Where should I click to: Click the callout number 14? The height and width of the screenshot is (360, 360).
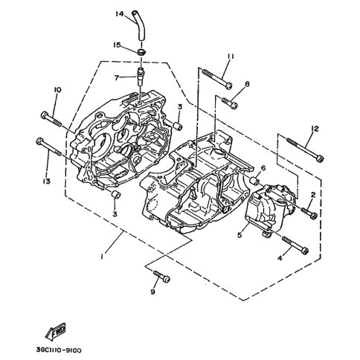point(120,14)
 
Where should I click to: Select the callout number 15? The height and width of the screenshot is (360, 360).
point(117,45)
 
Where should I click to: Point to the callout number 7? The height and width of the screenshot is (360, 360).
point(117,78)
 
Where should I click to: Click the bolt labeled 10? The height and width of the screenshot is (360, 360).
point(51,120)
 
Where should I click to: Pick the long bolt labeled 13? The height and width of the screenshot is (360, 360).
point(49,147)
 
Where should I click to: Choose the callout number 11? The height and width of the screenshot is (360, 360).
point(231,57)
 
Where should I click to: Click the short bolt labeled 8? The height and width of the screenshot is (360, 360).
point(230,103)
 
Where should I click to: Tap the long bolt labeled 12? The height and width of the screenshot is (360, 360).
point(305,150)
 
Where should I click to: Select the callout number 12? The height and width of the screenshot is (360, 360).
point(315,129)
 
